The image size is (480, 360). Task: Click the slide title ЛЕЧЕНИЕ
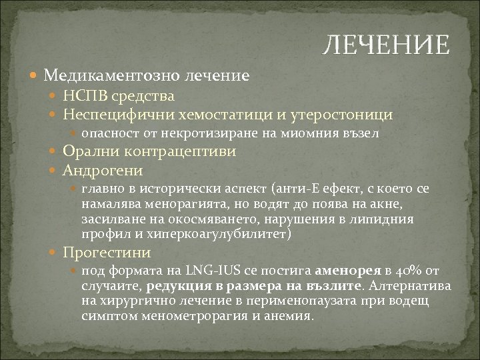point(386,45)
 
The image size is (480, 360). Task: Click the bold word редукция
point(175,286)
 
